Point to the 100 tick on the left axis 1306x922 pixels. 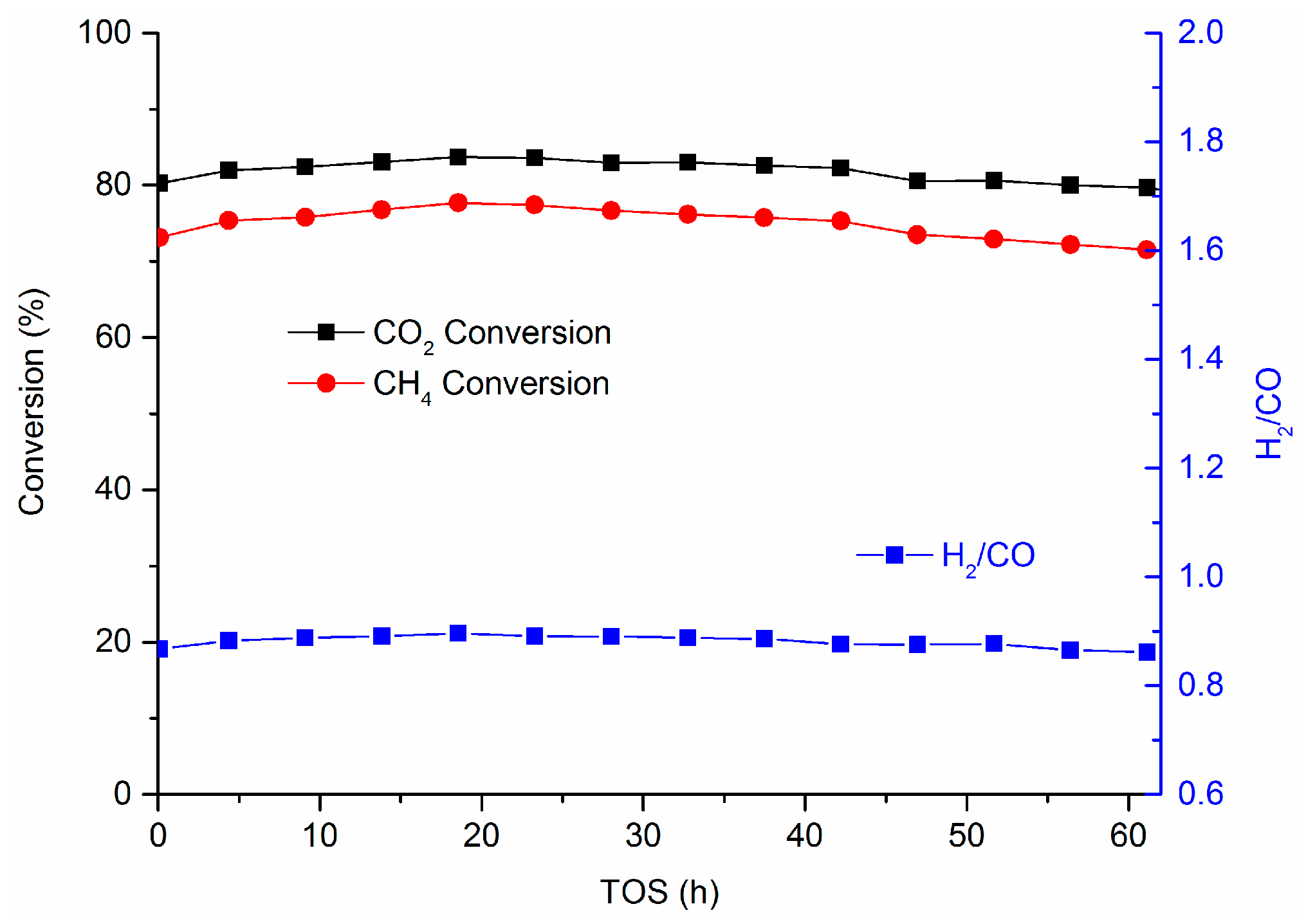pyautogui.click(x=104, y=32)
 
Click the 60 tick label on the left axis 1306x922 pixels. pyautogui.click(x=113, y=337)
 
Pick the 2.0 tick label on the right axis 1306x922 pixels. pyautogui.click(x=1200, y=32)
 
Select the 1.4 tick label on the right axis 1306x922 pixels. pyautogui.click(x=1200, y=358)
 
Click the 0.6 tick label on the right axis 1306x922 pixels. pyautogui.click(x=1200, y=793)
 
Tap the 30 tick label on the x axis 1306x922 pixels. pyautogui.click(x=643, y=836)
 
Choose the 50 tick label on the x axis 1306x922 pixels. pyautogui.click(x=966, y=836)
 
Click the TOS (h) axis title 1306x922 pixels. pyautogui.click(x=659, y=892)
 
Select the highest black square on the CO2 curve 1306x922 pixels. pyautogui.click(x=458, y=156)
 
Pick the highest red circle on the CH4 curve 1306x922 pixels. pyautogui.click(x=458, y=203)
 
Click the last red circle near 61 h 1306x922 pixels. pyautogui.click(x=1146, y=250)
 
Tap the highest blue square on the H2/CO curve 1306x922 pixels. pyautogui.click(x=458, y=633)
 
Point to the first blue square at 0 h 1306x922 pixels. pyautogui.click(x=161, y=649)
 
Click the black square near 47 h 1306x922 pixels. pyautogui.click(x=917, y=181)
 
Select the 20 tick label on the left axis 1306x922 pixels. pyautogui.click(x=113, y=641)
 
